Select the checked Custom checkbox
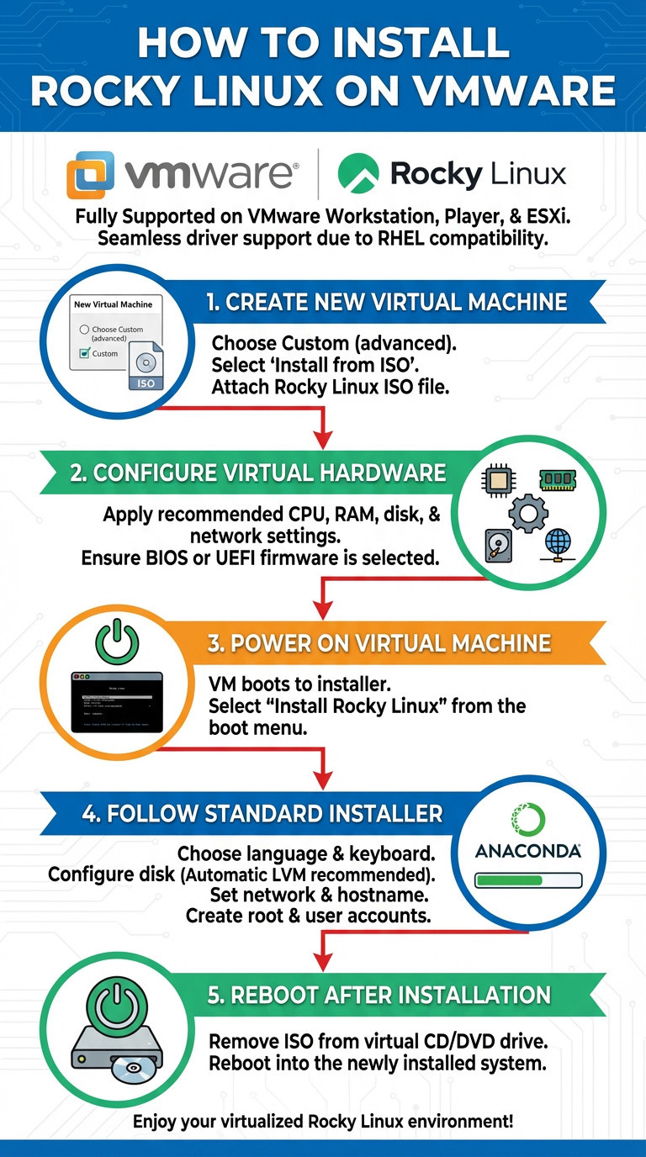83,354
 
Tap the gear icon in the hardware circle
528,512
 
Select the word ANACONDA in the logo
527,851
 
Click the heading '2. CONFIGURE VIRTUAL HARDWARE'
257,473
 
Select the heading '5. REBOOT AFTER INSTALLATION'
379,996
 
